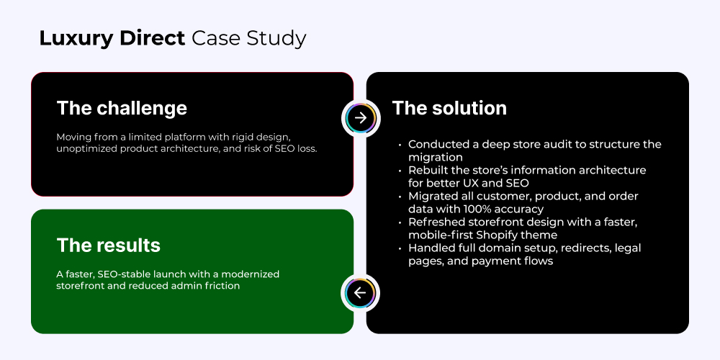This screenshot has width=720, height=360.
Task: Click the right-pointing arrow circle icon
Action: [361, 118]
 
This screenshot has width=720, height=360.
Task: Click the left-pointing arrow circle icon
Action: [360, 293]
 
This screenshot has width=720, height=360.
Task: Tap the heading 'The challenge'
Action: [122, 109]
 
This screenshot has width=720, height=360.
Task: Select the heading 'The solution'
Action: [449, 109]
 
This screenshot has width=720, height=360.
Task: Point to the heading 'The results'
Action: [109, 246]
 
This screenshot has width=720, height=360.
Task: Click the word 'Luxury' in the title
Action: [76, 39]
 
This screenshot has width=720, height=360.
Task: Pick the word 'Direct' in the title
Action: [152, 38]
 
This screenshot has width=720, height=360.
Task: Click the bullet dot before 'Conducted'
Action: [400, 145]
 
